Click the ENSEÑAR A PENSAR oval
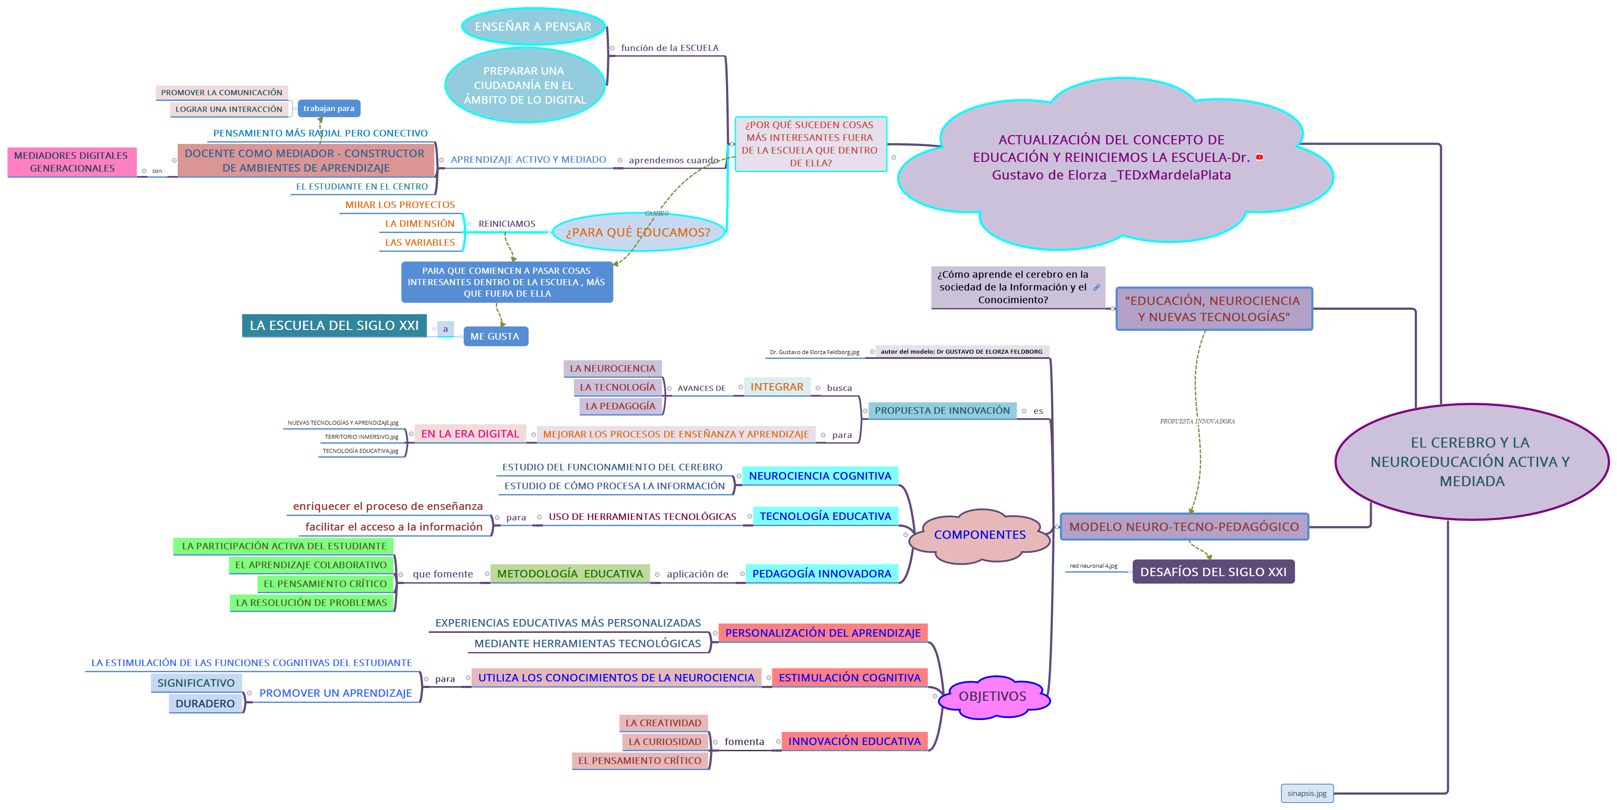[533, 26]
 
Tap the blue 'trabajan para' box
[329, 109]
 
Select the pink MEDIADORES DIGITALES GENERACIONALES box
[72, 162]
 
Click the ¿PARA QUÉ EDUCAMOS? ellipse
[638, 232]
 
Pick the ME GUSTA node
[495, 337]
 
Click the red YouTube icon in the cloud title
[1259, 158]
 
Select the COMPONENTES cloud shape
[980, 534]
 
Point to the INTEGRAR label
[776, 387]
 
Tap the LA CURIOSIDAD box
[665, 742]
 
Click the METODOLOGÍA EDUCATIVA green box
[570, 574]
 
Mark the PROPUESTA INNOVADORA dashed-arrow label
[1197, 421]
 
